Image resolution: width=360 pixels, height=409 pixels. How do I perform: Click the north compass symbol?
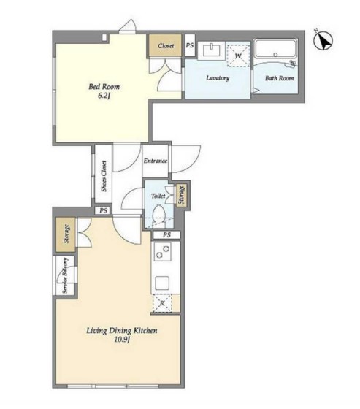click(x=323, y=40)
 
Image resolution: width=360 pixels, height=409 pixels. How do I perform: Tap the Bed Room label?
click(x=104, y=87)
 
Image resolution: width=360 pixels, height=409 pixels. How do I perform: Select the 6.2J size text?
click(x=104, y=96)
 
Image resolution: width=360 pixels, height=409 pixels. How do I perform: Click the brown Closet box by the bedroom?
click(x=165, y=46)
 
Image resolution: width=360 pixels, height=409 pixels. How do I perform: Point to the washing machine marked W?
click(x=238, y=56)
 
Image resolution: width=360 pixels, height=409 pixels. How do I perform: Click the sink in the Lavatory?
click(x=212, y=50)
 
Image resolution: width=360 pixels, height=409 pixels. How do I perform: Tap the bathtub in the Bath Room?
click(x=276, y=49)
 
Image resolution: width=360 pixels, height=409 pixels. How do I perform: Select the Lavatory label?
click(x=218, y=77)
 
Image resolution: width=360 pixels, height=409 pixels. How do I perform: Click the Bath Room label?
click(x=279, y=78)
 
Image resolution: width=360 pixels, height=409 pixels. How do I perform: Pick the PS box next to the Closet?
click(x=190, y=45)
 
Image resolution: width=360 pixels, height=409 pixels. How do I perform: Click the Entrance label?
click(x=156, y=161)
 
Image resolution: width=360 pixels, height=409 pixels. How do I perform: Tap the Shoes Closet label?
click(x=104, y=176)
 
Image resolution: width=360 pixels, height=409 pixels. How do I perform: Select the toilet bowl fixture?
click(x=159, y=213)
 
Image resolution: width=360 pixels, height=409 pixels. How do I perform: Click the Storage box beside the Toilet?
click(x=182, y=194)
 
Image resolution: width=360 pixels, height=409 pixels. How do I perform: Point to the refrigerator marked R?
click(x=162, y=303)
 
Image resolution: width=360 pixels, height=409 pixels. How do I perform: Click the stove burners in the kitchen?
click(x=163, y=251)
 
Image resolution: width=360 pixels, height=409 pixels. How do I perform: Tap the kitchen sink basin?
click(x=162, y=283)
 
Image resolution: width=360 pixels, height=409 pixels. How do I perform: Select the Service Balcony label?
click(x=65, y=275)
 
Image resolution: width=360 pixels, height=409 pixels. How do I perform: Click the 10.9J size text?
click(x=122, y=340)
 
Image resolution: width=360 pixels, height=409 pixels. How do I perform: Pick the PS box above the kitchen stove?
click(x=166, y=234)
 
